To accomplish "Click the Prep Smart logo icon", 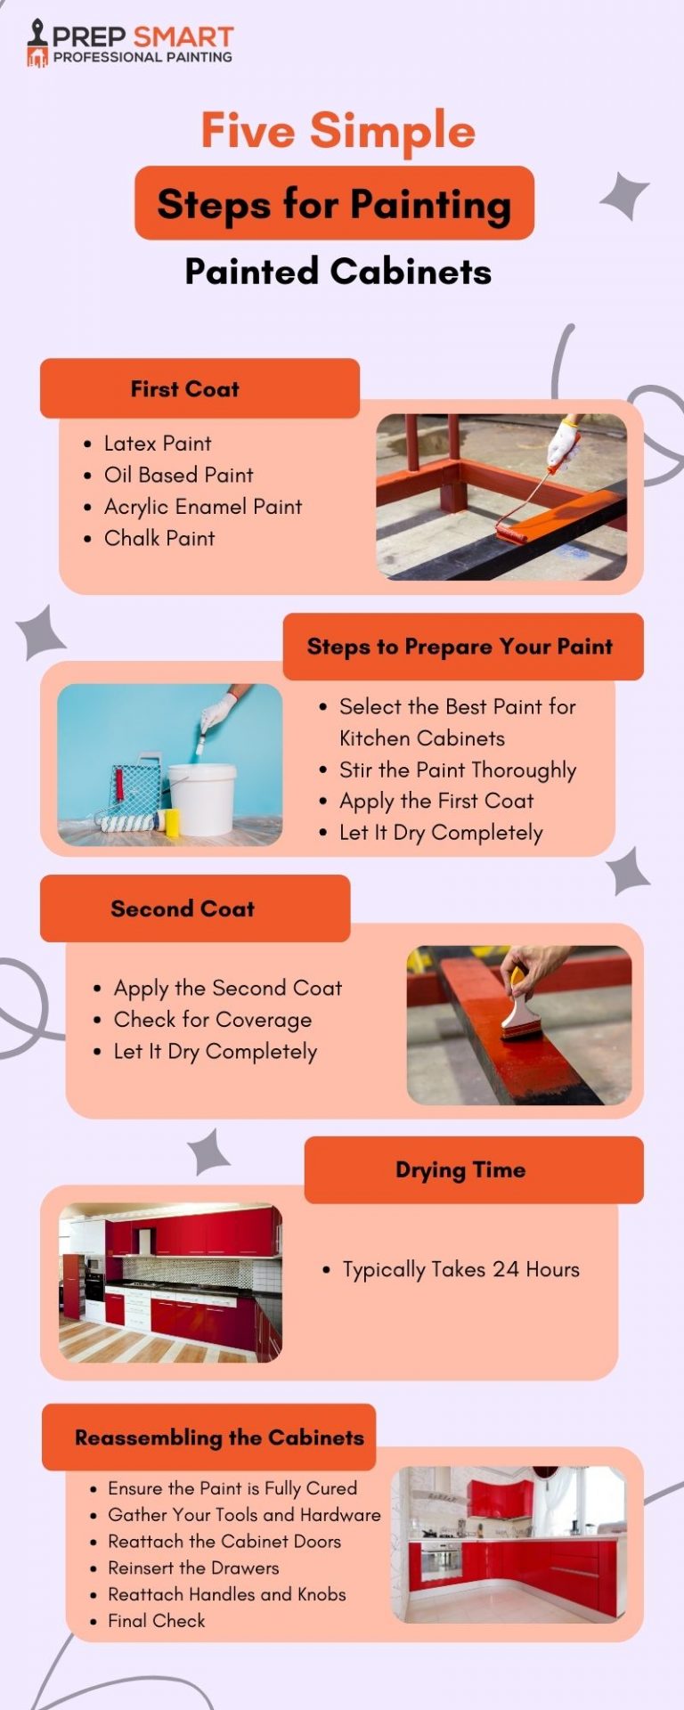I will tap(37, 44).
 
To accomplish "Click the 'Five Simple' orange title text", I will tap(338, 130).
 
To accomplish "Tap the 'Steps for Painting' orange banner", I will tap(334, 203).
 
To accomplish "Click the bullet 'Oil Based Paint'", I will tap(178, 475).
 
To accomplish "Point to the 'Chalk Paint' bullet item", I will tap(159, 538).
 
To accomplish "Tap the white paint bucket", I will tap(202, 798).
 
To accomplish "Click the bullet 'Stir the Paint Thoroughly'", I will tap(457, 769).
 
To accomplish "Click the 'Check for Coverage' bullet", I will tap(212, 1020).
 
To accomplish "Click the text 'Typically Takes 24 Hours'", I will tap(460, 1269).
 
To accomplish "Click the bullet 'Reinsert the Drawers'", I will tap(193, 1567).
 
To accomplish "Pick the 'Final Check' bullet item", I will tap(156, 1621).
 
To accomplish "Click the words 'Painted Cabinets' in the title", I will tap(338, 272).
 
